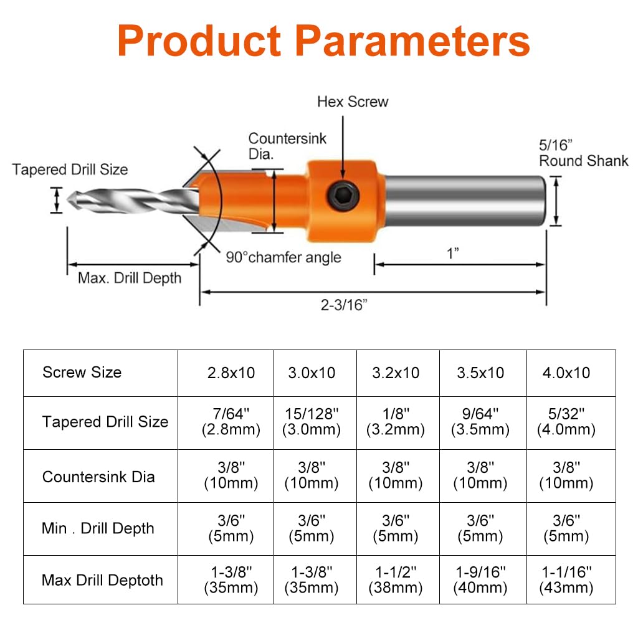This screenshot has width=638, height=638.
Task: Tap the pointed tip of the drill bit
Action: tap(67, 200)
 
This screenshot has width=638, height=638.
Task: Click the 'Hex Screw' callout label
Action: tap(353, 102)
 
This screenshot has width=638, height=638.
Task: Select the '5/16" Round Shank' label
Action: tap(583, 153)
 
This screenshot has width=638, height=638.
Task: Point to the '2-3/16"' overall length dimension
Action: tap(344, 305)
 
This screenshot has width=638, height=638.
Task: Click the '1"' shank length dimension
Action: tap(453, 254)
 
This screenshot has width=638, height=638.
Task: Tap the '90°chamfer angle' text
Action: tap(283, 257)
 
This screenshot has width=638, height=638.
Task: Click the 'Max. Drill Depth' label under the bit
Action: tap(130, 279)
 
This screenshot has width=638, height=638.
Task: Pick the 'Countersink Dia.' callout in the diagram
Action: tap(287, 146)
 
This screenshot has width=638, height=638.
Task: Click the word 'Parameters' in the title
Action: tap(412, 40)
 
